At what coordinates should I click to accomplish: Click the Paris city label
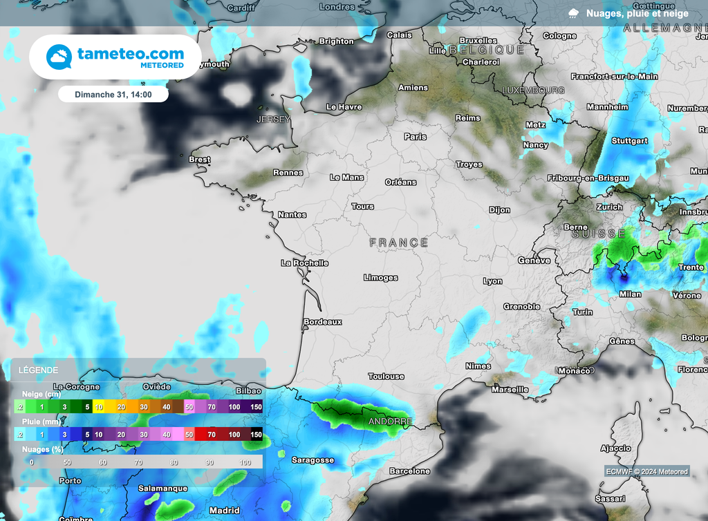415,137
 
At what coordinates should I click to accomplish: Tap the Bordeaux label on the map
323,322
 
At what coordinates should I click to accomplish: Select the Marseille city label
510,390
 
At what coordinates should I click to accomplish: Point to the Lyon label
493,281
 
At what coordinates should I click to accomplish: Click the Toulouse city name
386,377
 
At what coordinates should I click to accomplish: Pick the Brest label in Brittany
200,160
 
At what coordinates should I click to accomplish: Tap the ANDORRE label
390,421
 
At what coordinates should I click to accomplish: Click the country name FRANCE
399,243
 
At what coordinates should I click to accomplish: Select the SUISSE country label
599,234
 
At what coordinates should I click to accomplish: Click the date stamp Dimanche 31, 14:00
113,94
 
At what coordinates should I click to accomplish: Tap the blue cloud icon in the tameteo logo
59,57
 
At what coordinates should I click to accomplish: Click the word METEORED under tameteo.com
162,65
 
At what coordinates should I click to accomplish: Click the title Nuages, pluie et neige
637,13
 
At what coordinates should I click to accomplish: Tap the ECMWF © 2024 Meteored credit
646,472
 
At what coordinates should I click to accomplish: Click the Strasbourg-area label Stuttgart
630,141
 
